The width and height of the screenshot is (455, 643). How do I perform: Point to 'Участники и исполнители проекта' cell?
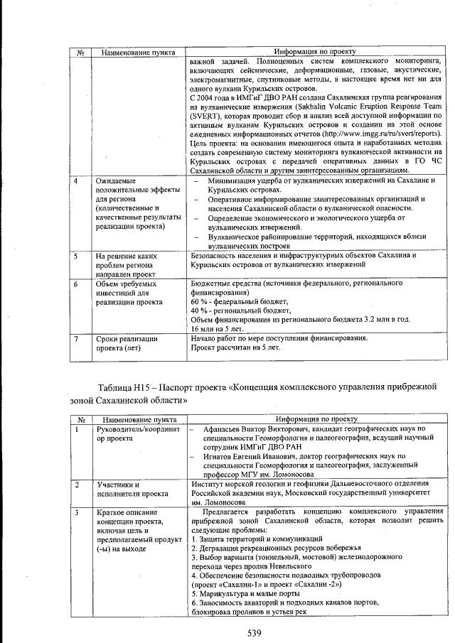coord(128,489)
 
